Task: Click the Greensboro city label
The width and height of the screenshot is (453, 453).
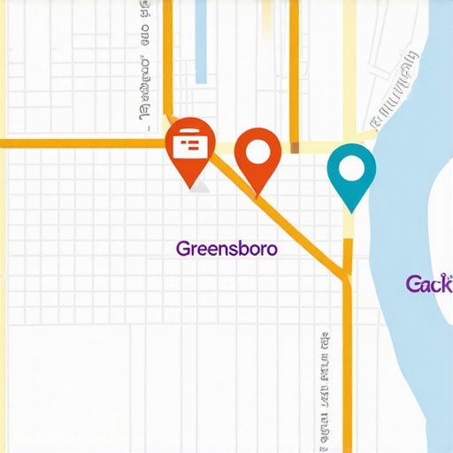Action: coord(226,249)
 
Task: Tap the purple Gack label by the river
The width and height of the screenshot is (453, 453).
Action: coord(429,284)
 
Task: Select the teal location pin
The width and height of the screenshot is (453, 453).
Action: coord(351,173)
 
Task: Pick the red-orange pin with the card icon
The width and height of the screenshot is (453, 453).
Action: coord(190,149)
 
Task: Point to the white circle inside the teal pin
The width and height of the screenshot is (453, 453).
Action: coord(351,167)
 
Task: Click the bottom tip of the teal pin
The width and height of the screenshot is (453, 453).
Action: coord(351,211)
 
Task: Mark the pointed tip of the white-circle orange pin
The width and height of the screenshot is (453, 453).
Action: coord(258,195)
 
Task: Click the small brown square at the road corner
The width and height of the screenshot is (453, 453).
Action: coord(295,147)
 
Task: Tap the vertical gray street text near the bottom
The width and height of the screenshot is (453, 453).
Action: coord(326,389)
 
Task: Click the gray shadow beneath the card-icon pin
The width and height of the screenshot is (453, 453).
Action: coord(202,188)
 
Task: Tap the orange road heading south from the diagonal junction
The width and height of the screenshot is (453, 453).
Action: coord(348,372)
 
